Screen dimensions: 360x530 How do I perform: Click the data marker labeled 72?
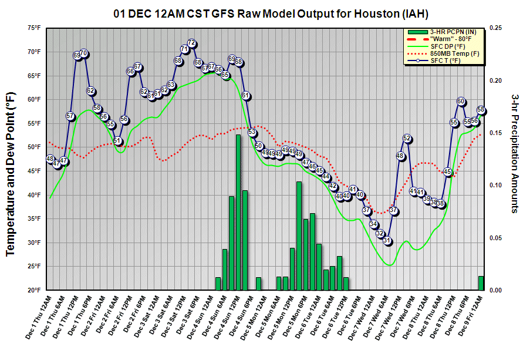click(191, 43)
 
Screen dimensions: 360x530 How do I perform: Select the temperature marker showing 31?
click(387, 241)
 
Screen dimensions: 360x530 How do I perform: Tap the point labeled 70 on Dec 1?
click(84, 53)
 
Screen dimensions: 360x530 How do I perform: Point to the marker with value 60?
click(461, 102)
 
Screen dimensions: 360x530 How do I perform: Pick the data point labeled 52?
click(407, 139)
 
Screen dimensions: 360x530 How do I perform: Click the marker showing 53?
click(252, 132)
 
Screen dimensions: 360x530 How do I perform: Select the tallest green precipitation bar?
click(238, 212)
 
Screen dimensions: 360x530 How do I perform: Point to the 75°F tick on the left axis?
click(32, 28)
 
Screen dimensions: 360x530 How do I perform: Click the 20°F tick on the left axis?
click(32, 290)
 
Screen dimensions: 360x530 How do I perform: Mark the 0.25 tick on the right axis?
click(495, 28)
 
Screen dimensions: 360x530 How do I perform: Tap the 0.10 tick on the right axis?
click(495, 186)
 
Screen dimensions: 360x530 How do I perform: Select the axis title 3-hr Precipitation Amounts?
click(514, 153)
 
